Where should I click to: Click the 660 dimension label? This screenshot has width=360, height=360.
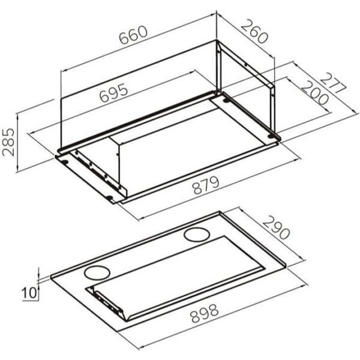[x=133, y=35]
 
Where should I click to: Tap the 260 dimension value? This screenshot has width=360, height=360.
[x=254, y=32]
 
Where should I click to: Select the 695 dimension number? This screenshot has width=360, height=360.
[x=113, y=92]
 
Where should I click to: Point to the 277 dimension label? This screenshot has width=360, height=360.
[x=332, y=83]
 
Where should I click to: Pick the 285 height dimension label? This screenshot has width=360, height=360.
[x=8, y=142]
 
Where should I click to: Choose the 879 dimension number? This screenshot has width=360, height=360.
[x=206, y=185]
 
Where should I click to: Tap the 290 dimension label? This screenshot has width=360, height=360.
[x=276, y=227]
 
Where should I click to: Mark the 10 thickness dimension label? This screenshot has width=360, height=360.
[x=29, y=293]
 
